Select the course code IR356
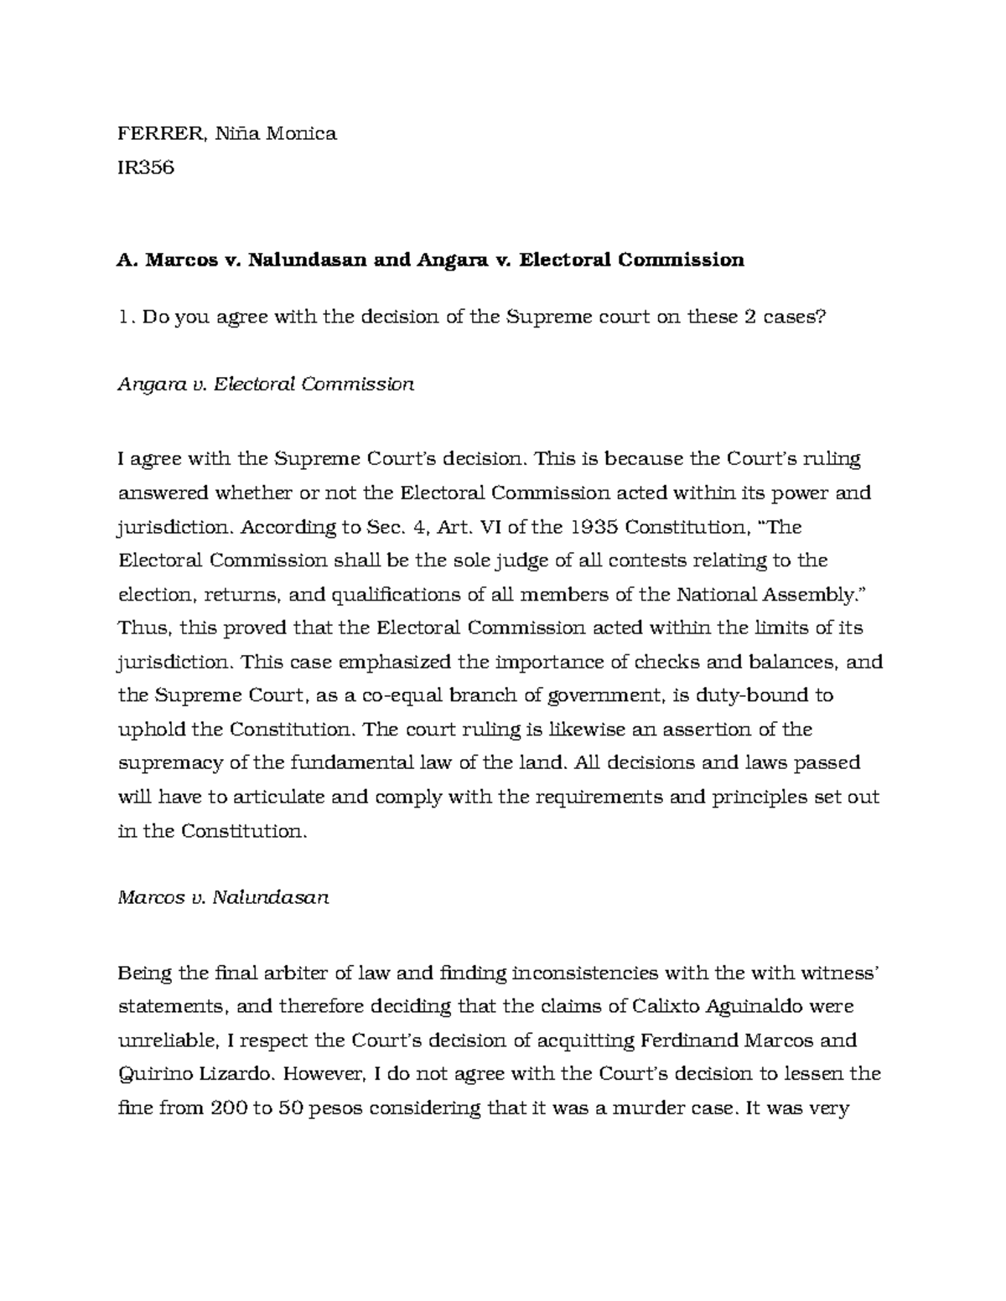[146, 167]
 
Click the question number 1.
[125, 317]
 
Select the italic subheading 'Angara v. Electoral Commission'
[266, 385]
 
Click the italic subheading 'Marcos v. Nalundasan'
[223, 898]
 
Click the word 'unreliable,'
[168, 1040]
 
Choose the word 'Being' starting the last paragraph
[145, 973]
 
